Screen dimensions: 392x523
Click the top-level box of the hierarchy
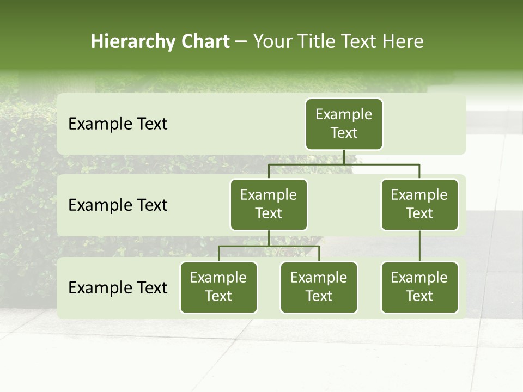[344, 124]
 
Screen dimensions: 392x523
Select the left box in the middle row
[269, 204]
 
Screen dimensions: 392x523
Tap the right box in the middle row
[419, 204]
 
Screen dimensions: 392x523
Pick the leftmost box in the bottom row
[218, 287]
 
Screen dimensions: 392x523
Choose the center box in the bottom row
[319, 287]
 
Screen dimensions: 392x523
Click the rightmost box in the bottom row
[419, 287]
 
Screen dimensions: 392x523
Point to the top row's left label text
[118, 124]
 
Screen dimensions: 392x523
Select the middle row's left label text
[118, 205]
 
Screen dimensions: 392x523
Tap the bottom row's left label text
[118, 287]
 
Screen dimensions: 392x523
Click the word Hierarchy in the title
[133, 42]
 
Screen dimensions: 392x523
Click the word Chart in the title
[205, 41]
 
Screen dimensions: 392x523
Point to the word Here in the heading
[403, 41]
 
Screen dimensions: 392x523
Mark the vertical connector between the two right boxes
[419, 246]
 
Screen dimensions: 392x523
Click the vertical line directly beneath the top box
[344, 157]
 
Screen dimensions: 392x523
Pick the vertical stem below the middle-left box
[269, 238]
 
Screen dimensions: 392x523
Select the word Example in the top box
[344, 114]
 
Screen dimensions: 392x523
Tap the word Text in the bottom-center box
[319, 296]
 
